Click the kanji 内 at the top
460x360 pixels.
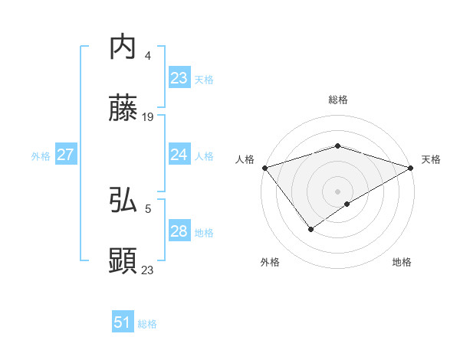123,47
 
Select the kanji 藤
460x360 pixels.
123,109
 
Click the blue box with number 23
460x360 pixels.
179,78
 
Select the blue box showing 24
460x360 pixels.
179,155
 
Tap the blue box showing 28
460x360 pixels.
179,231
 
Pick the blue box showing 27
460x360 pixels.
65,155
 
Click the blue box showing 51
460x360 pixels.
122,322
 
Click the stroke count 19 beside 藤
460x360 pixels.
148,117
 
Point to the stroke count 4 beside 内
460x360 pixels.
148,56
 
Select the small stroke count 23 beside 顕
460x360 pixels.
148,270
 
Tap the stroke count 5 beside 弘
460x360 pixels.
148,208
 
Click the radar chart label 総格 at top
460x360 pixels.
337,100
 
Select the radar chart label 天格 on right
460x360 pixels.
431,159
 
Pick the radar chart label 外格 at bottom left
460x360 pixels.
270,262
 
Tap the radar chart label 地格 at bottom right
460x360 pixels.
402,262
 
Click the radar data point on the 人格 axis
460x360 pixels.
264,167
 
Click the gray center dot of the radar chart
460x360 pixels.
337,191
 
